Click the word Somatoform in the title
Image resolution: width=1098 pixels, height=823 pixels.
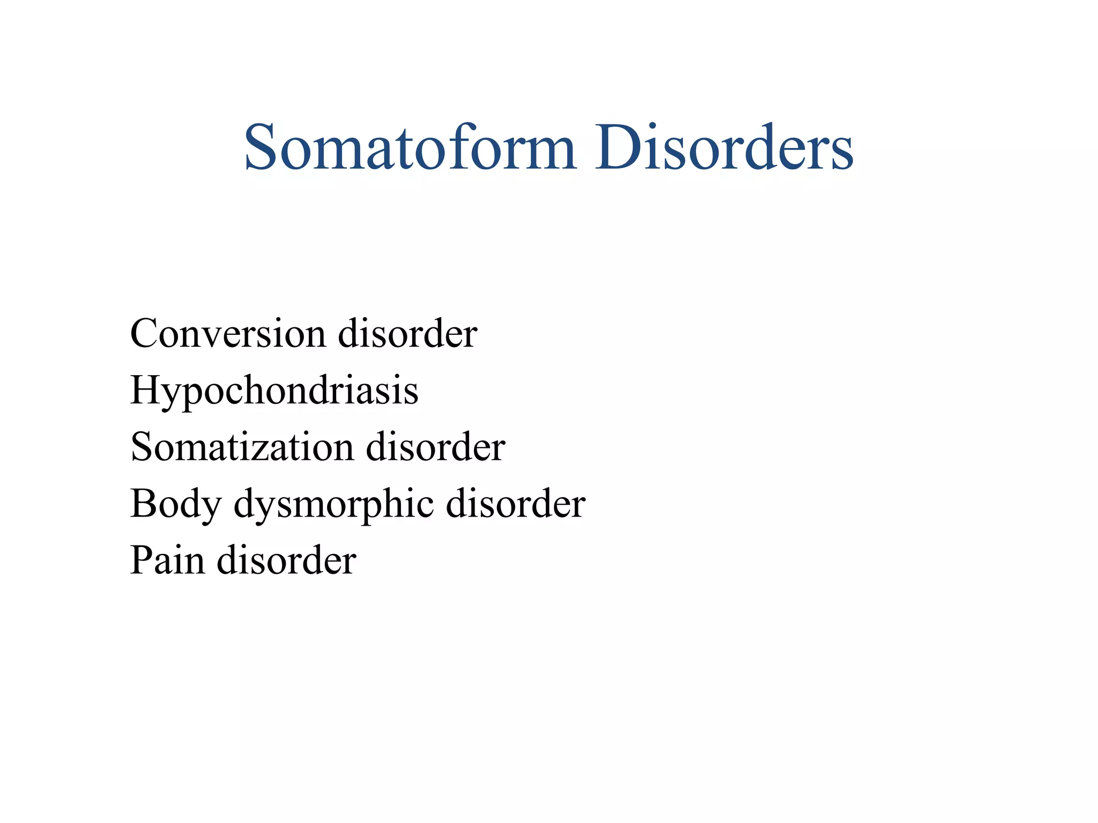[410, 147]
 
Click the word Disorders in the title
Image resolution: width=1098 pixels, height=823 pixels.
[723, 147]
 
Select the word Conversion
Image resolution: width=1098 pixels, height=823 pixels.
[227, 334]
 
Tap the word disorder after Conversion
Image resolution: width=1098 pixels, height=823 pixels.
[407, 334]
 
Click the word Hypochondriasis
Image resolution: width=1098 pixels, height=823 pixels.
[274, 391]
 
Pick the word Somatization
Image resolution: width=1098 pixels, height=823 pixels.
[242, 447]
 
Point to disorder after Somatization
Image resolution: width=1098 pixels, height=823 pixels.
[435, 447]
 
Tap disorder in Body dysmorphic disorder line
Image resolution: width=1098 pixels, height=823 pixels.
[515, 504]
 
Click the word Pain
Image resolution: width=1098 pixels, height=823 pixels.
[167, 560]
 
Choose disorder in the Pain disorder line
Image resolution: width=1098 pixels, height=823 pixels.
[286, 560]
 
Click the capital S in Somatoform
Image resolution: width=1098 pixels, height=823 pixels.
[260, 147]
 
